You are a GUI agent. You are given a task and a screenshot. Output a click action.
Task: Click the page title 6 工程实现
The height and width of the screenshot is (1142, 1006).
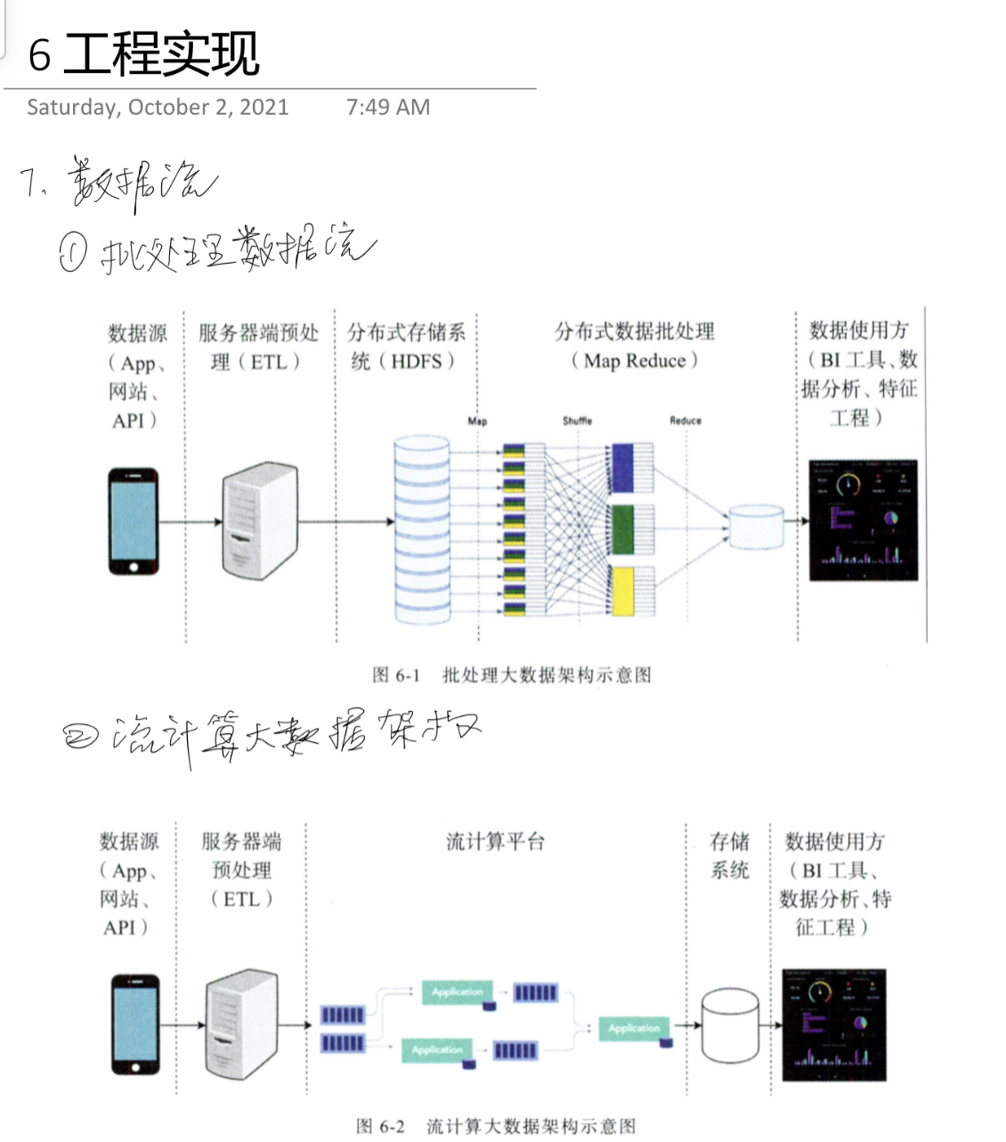click(143, 53)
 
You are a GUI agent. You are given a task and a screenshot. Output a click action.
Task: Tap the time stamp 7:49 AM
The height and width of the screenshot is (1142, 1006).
click(387, 108)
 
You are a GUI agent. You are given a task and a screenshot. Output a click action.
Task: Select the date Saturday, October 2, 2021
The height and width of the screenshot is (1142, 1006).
click(158, 108)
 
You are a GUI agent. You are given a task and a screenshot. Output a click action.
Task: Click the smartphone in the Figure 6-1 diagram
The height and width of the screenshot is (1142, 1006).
click(134, 522)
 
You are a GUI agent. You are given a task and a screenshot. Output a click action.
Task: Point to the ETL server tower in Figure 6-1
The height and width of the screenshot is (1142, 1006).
click(258, 521)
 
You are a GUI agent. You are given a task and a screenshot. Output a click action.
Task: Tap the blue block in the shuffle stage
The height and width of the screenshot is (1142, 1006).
click(621, 467)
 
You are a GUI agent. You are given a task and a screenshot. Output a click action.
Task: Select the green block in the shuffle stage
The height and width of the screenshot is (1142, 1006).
click(622, 529)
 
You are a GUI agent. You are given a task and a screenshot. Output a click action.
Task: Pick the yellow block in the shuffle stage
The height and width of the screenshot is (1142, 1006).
click(622, 591)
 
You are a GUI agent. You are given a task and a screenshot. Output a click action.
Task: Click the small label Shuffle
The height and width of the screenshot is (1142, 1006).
click(577, 420)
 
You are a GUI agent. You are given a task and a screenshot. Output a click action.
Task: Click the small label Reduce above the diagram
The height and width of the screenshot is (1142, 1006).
click(686, 420)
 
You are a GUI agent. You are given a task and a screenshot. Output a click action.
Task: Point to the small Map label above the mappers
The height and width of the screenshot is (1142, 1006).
click(477, 420)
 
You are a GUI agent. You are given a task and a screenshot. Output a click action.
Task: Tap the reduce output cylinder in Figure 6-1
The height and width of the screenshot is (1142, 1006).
click(756, 526)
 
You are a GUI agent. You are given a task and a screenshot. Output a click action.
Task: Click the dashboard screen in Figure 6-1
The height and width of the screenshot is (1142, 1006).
click(863, 520)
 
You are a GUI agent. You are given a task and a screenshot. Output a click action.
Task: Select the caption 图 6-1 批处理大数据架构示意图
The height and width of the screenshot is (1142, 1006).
click(512, 675)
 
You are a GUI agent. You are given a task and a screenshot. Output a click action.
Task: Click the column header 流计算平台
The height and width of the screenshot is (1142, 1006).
click(495, 842)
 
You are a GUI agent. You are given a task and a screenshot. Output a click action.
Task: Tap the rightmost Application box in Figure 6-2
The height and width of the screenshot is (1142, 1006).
click(634, 1029)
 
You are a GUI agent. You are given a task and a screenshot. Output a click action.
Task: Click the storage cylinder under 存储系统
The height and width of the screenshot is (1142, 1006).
click(730, 1025)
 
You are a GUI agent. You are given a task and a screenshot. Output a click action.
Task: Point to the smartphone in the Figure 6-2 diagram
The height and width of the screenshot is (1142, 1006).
click(136, 1024)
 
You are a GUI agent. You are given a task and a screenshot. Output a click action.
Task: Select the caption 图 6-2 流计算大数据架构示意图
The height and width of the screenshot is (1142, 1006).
click(496, 1127)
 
